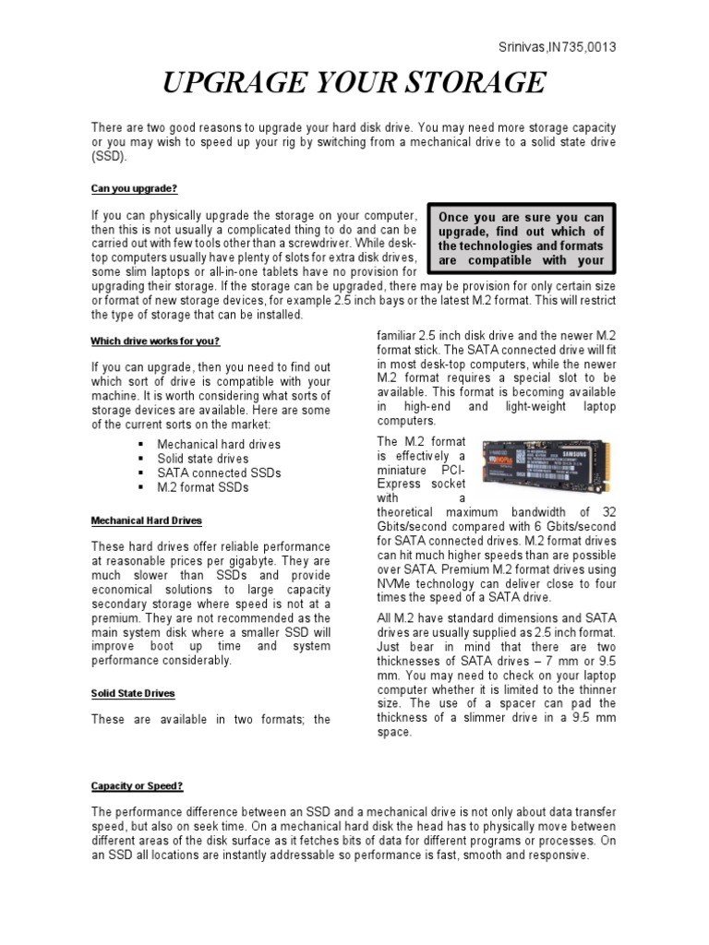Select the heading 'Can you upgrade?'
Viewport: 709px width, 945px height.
pos(133,187)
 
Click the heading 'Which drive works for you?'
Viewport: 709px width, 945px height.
pos(155,341)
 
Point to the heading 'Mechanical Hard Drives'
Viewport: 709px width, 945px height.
pos(146,520)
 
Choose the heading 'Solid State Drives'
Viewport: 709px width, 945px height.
pos(133,692)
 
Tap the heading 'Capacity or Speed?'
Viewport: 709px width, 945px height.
pos(137,786)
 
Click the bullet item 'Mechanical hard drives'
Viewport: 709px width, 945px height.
pos(219,444)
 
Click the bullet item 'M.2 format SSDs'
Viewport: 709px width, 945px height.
pos(203,488)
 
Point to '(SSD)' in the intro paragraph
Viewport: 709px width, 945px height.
pos(107,158)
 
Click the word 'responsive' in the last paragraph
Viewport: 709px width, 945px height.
pos(554,855)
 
